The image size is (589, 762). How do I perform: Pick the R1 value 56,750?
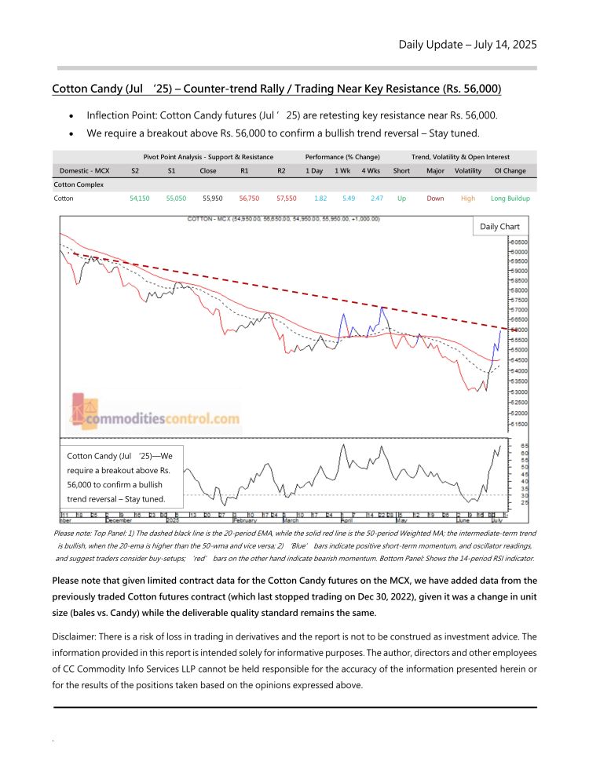[248, 199]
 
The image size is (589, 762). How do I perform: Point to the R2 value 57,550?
[287, 199]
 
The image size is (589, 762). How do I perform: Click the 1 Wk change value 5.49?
[342, 199]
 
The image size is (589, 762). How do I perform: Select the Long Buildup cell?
[510, 199]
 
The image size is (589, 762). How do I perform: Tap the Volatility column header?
[468, 170]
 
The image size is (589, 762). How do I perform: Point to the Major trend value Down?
[435, 199]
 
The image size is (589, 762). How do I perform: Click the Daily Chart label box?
[499, 227]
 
